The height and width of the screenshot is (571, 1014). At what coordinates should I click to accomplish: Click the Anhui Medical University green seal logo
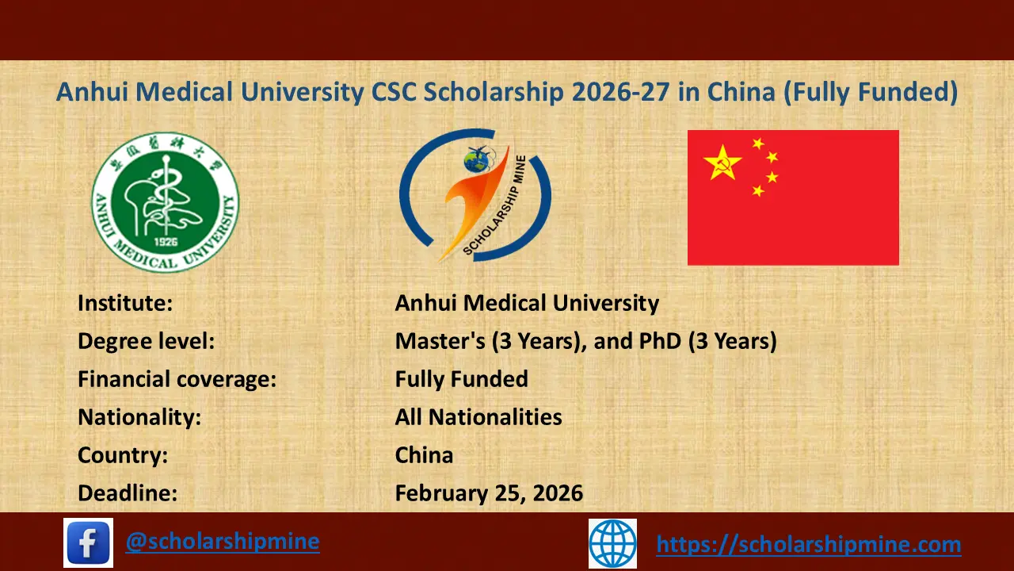pyautogui.click(x=165, y=201)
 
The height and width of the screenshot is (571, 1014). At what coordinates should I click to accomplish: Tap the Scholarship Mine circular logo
pyautogui.click(x=474, y=195)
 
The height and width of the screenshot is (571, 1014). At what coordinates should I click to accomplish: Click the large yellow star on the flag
pyautogui.click(x=722, y=163)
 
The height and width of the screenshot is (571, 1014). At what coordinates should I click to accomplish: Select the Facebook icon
pyautogui.click(x=88, y=542)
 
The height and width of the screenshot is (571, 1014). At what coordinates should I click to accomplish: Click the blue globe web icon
pyautogui.click(x=612, y=543)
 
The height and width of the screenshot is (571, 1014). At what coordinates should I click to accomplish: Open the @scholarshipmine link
pyautogui.click(x=223, y=542)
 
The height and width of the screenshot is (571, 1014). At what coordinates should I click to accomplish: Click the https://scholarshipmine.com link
pyautogui.click(x=808, y=544)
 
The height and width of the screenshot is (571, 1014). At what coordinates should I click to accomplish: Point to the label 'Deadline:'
pyautogui.click(x=128, y=493)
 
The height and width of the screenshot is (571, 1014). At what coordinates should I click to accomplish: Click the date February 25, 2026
pyautogui.click(x=489, y=493)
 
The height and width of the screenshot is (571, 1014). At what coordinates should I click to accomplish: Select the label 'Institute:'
pyautogui.click(x=125, y=303)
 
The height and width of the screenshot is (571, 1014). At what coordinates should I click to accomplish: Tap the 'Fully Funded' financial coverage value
pyautogui.click(x=461, y=379)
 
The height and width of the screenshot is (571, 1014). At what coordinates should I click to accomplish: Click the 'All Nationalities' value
pyautogui.click(x=478, y=417)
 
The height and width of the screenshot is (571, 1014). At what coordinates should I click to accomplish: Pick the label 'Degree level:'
pyautogui.click(x=147, y=341)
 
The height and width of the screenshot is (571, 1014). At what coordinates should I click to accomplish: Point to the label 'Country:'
pyautogui.click(x=122, y=455)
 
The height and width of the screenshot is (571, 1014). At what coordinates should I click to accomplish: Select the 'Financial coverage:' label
pyautogui.click(x=177, y=379)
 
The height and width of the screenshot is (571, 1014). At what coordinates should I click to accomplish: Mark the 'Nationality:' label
pyautogui.click(x=139, y=417)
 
